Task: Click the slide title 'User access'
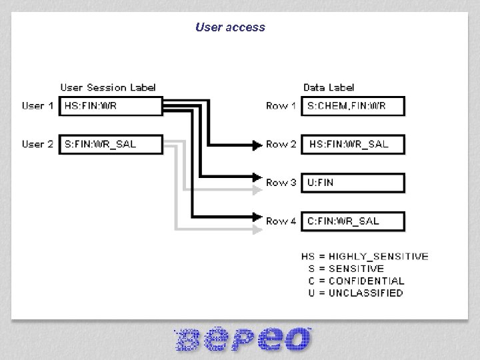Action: (230, 27)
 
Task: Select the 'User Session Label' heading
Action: (108, 87)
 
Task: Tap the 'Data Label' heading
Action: (329, 87)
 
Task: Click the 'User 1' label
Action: (37, 105)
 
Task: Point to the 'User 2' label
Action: (37, 144)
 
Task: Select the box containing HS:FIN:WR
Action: (111, 106)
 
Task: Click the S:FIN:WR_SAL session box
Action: (111, 145)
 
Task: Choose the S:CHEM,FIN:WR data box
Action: (353, 106)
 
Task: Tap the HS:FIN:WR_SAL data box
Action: (353, 145)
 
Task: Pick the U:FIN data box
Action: (353, 183)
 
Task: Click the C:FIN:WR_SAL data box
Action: (353, 221)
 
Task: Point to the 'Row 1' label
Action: (281, 106)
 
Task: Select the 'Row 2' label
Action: (281, 145)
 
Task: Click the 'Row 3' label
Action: (281, 183)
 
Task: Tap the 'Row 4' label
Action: (281, 221)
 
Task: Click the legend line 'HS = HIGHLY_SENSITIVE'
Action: (365, 257)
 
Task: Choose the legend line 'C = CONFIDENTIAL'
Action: (356, 281)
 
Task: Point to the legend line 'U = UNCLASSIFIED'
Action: (355, 293)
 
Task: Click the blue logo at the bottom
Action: (243, 339)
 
